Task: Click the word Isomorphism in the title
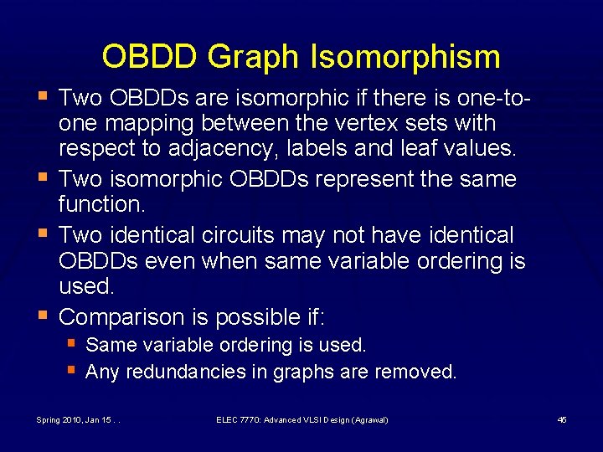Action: pyautogui.click(x=410, y=58)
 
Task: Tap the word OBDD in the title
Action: pyautogui.click(x=148, y=58)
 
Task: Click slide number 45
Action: pyautogui.click(x=562, y=419)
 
